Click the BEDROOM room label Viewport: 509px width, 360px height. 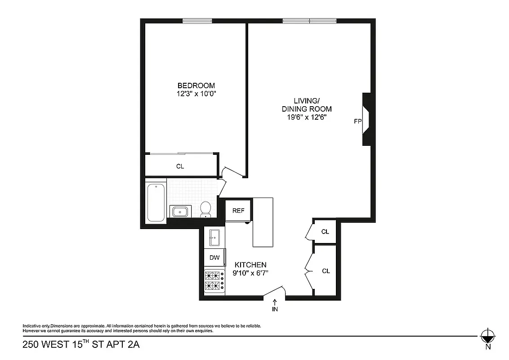(196, 85)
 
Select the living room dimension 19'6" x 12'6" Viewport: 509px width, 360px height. (307, 117)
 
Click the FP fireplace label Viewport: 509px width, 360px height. (358, 121)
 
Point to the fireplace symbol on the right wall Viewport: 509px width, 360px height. (366, 120)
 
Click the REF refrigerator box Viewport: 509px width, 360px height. (238, 210)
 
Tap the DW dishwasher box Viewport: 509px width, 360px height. (214, 258)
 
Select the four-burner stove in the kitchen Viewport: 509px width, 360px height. (214, 281)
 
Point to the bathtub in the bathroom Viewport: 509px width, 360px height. (156, 202)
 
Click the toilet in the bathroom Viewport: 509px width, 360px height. (206, 208)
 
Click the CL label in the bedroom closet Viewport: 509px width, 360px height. (180, 166)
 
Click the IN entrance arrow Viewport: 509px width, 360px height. (275, 305)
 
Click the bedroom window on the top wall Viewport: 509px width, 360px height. (197, 20)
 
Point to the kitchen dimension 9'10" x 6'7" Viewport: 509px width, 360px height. (250, 273)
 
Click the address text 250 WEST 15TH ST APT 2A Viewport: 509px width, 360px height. (77, 346)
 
